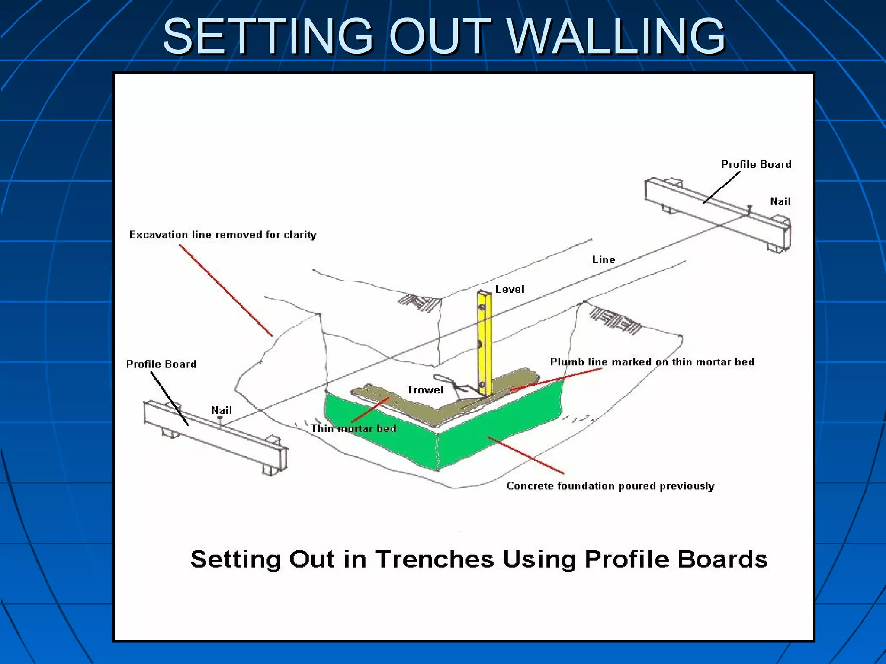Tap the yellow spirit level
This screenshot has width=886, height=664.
coord(485,342)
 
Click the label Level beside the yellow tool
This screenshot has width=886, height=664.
coord(510,289)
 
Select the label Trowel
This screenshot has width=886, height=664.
coord(425,390)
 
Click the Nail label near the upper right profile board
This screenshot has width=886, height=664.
coord(780,201)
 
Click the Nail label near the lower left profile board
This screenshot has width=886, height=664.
coord(221,410)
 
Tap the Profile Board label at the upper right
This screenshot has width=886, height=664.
coord(756,164)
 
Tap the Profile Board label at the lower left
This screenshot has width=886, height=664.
coord(161,364)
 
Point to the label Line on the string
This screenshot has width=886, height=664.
coord(604,260)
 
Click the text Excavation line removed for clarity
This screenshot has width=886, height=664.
coord(223,235)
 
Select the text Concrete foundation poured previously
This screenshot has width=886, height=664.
coord(610,486)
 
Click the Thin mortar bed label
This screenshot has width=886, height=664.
coord(353,428)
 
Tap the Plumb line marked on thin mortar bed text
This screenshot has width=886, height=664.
coord(652,362)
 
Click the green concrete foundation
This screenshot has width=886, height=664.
coord(498,428)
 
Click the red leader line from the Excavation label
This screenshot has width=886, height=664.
coord(225,290)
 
